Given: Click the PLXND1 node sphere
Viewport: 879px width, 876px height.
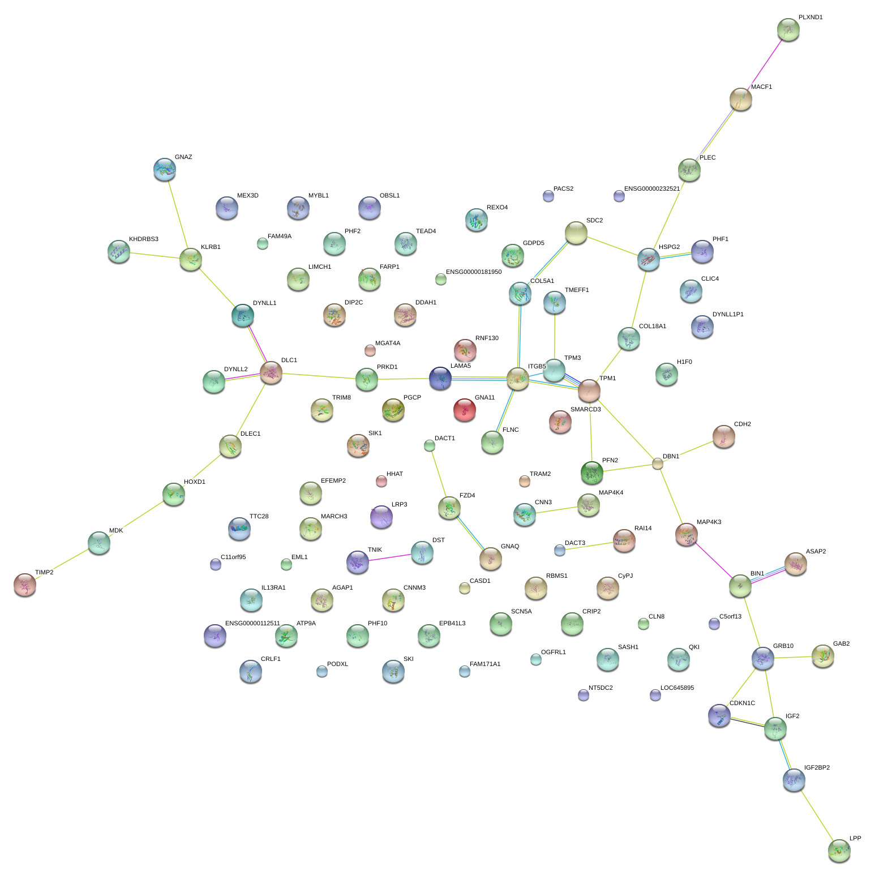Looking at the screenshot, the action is [x=788, y=29].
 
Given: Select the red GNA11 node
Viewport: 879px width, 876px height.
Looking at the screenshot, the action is [x=464, y=410].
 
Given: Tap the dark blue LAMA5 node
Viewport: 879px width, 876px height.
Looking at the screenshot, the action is [x=440, y=378].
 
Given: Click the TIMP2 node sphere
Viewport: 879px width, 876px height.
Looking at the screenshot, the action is [x=25, y=585].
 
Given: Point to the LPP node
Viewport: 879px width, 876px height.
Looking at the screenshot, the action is [x=839, y=851].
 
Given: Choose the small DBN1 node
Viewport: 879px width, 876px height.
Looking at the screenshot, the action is [x=657, y=463].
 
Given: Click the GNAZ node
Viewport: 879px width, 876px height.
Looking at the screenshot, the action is [x=165, y=169].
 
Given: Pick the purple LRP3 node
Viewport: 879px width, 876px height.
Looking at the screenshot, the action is [x=381, y=517].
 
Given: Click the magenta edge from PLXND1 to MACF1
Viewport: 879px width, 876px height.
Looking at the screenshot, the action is [x=765, y=64].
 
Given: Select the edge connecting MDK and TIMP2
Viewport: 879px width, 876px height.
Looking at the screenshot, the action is [x=62, y=564].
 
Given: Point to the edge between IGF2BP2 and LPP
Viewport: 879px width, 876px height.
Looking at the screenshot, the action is [x=817, y=815].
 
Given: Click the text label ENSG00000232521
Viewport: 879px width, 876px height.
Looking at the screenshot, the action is [x=651, y=189].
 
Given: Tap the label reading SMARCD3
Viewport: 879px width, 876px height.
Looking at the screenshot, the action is [x=585, y=409].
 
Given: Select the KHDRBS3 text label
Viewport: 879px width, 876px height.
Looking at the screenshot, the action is [x=143, y=239].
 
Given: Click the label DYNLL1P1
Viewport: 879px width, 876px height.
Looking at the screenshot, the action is [x=728, y=315].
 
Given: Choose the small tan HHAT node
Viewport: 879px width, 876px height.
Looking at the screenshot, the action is [x=381, y=481].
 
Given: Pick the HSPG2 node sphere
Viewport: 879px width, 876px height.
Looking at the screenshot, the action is [x=649, y=259].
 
